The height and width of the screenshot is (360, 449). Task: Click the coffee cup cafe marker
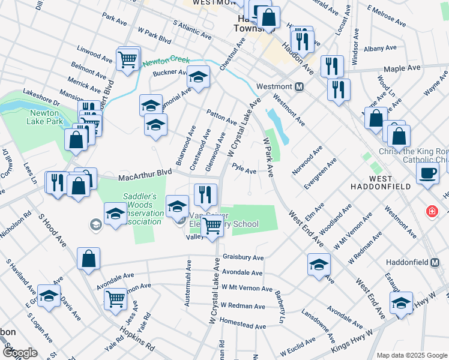427,173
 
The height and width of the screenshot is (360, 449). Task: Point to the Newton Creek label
166,61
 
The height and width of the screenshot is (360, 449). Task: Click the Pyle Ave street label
244,170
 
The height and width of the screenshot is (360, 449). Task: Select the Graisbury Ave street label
243,257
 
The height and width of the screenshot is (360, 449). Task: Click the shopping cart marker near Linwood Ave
128,59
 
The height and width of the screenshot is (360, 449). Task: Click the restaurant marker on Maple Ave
332,65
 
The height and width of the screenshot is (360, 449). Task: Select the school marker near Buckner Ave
198,77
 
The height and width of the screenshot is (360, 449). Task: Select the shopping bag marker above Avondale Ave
88,260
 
